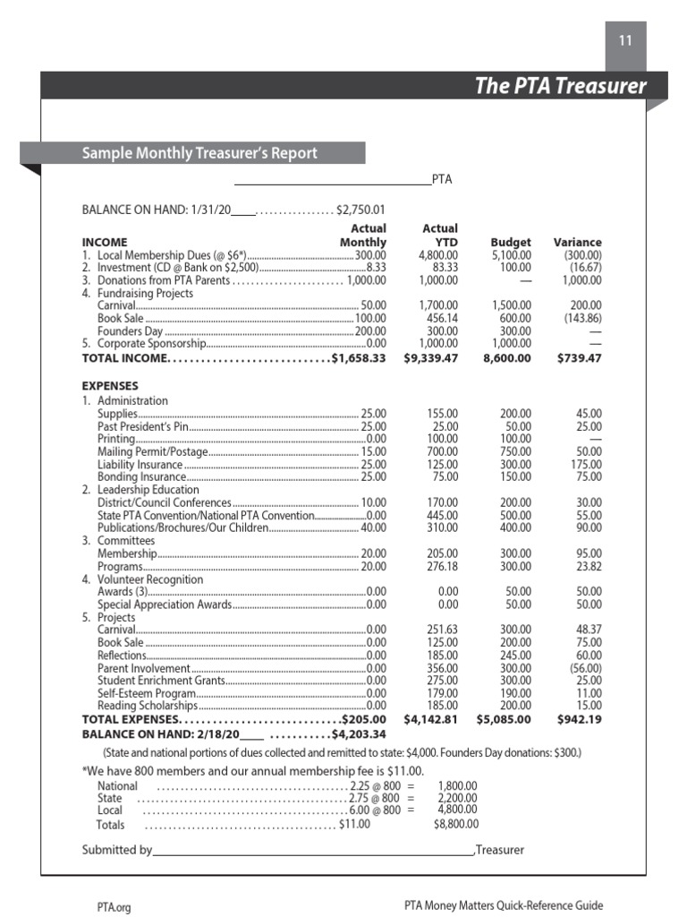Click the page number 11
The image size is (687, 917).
[625, 40]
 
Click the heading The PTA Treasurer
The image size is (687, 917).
[559, 86]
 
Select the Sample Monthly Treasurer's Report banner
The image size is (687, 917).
[199, 153]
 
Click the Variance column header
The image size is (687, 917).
[577, 242]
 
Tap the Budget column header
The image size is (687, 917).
[511, 242]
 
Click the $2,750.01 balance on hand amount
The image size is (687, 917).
[360, 210]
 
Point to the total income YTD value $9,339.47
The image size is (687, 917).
[431, 357]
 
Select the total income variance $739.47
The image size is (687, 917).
[579, 357]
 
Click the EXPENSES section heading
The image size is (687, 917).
[110, 386]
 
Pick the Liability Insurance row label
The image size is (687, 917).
[140, 465]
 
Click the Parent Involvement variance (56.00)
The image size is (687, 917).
[585, 668]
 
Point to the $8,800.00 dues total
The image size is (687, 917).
[456, 824]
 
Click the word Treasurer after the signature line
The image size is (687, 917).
[500, 850]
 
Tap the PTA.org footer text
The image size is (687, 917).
[114, 906]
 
